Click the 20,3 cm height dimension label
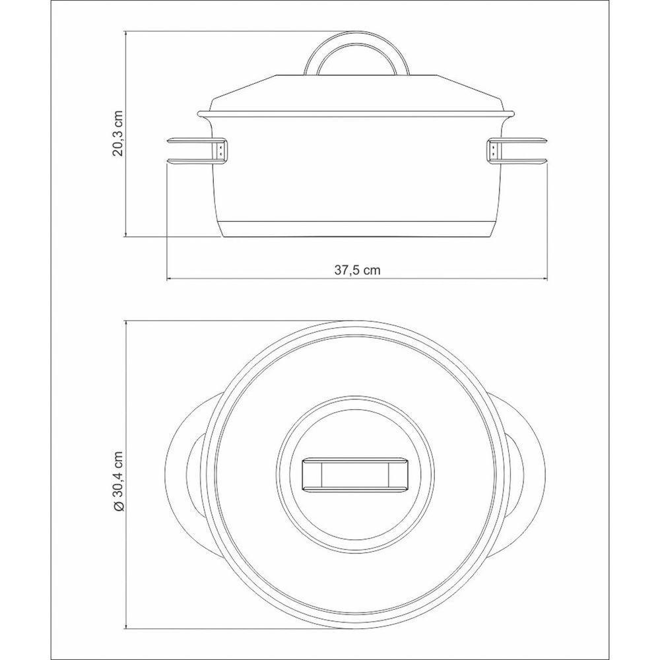118,134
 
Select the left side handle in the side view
191,150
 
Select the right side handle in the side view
521,150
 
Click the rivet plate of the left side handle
220,150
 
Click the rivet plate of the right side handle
493,150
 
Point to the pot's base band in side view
357,227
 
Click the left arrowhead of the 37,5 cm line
168,279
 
